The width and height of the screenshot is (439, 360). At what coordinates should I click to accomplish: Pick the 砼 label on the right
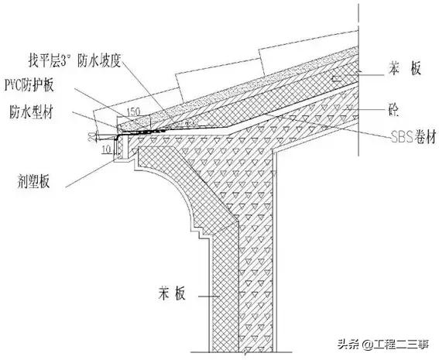pyautogui.click(x=395, y=108)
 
